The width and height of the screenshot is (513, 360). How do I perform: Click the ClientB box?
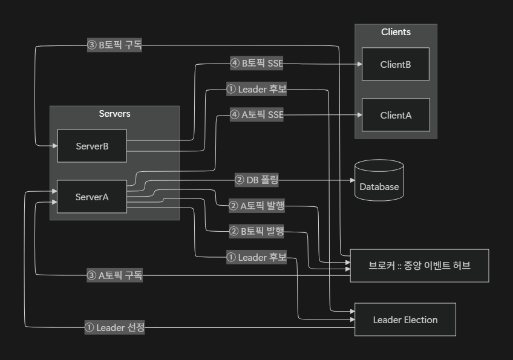[396, 64]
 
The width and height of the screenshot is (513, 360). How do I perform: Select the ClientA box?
[396, 115]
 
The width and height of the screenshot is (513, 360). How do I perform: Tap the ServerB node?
[92, 146]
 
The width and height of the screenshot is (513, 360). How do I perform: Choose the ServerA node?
[92, 197]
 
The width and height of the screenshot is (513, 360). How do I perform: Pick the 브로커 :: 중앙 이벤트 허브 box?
[419, 266]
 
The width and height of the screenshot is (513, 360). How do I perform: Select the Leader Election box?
[405, 319]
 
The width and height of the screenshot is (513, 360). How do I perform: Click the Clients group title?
[396, 32]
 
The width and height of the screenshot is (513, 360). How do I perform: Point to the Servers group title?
[114, 114]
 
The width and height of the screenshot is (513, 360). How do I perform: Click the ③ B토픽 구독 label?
[114, 45]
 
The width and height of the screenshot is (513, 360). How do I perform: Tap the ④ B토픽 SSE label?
[257, 63]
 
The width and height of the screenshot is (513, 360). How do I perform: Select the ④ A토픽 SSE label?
[257, 114]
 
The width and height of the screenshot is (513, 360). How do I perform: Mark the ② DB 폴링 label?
[257, 180]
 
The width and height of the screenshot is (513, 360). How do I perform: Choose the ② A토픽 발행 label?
[257, 206]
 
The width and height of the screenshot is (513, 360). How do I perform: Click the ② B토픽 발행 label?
[257, 231]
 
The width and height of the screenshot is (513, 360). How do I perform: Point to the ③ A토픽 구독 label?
[114, 275]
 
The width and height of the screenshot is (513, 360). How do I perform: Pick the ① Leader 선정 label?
[114, 327]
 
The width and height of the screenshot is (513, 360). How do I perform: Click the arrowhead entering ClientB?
[359, 63]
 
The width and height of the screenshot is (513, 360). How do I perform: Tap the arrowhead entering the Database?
[351, 180]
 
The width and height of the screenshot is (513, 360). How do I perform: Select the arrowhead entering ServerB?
[54, 146]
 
